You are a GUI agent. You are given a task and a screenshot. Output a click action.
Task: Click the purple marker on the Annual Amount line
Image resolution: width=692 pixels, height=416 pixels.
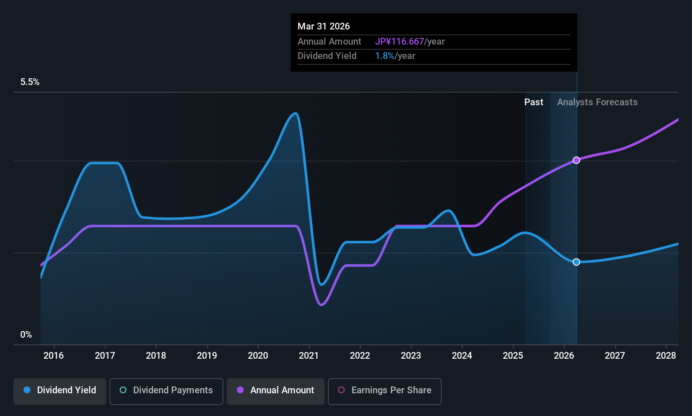tap(576, 160)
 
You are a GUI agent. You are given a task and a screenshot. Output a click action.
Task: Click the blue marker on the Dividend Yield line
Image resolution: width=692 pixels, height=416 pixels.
tap(576, 262)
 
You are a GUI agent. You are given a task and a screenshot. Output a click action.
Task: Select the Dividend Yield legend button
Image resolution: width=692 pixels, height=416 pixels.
tap(60, 390)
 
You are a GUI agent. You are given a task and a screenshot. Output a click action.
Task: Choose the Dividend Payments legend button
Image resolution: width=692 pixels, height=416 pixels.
tap(166, 390)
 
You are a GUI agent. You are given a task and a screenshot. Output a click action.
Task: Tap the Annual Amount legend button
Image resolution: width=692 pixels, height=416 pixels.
tap(276, 390)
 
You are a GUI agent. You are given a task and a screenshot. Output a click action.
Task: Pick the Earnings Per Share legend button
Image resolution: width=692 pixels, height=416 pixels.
tap(384, 390)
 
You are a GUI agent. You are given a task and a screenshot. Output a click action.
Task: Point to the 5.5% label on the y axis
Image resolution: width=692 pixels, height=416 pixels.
tap(30, 82)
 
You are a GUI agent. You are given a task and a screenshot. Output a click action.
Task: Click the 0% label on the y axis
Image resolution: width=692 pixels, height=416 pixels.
tap(26, 335)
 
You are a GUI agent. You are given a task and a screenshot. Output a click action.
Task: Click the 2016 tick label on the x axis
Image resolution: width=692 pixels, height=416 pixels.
tap(54, 356)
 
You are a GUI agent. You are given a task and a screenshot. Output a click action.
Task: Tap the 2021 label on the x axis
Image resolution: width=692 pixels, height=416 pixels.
tap(309, 356)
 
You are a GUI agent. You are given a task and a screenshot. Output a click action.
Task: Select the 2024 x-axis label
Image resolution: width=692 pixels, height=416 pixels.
tap(462, 356)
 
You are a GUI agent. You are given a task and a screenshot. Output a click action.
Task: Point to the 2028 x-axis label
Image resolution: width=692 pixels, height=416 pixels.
tap(666, 356)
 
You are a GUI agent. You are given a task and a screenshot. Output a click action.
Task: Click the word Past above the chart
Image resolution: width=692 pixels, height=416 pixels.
tap(534, 102)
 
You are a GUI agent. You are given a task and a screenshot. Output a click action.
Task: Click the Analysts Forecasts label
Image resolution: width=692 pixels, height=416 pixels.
tap(597, 102)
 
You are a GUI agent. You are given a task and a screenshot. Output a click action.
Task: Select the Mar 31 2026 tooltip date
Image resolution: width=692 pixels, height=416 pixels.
tap(324, 26)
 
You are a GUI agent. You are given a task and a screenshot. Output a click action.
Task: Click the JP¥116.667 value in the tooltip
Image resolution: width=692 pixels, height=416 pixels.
tap(399, 42)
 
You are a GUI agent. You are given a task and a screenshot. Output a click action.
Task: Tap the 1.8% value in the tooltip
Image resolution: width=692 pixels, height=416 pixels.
tap(384, 56)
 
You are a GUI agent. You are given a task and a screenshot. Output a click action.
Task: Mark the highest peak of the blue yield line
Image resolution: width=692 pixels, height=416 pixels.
tap(295, 113)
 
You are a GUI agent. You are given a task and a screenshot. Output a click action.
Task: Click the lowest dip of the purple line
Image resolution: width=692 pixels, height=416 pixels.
tap(322, 304)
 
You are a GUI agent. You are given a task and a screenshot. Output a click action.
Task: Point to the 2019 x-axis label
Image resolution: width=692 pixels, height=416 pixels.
tap(207, 356)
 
